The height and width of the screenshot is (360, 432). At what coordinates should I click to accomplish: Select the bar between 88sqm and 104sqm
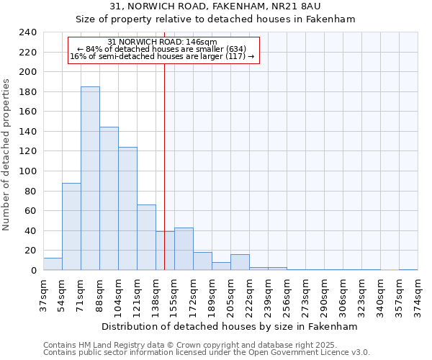(109, 199)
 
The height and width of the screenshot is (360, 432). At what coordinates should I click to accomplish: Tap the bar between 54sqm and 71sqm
(71, 227)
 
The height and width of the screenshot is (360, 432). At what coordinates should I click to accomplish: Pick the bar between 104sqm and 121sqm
(127, 209)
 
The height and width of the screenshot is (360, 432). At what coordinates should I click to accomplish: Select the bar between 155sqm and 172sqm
(184, 249)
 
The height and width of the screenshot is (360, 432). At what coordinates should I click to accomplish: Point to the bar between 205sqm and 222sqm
(240, 262)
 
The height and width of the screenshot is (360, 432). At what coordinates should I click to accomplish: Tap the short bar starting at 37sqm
(53, 264)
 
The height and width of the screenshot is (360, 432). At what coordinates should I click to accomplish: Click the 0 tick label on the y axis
(33, 271)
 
